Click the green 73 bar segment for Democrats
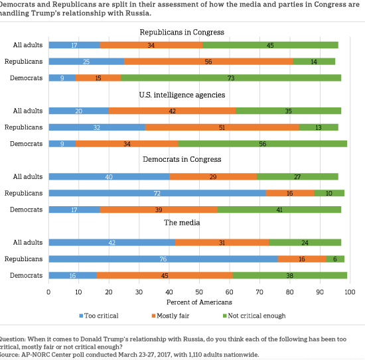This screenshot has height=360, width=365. coord(231,78)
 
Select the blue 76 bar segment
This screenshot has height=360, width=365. coord(163,259)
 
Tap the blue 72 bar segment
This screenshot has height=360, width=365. coord(157,193)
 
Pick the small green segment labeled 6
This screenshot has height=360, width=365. coord(335,259)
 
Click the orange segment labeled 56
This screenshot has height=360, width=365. coord(208,62)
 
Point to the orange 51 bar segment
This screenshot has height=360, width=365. coord(222,127)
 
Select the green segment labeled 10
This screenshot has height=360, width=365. coord(329,193)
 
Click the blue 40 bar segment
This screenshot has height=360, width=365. coord(109,176)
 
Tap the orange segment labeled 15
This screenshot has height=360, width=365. coord(98,78)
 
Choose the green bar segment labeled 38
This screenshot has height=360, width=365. coord(290,275)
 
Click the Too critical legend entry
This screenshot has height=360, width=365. coord(99,316)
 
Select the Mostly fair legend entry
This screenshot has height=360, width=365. coord(171,316)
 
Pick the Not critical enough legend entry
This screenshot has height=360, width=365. coord(254,316)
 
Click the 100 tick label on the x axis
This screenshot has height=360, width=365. coord(350,292)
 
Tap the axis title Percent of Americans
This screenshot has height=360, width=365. coord(199,302)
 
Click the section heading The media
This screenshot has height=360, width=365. coord(182,223)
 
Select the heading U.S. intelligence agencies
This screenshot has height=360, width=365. coord(182,95)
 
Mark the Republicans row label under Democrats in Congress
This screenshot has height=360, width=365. coord(23,193)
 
